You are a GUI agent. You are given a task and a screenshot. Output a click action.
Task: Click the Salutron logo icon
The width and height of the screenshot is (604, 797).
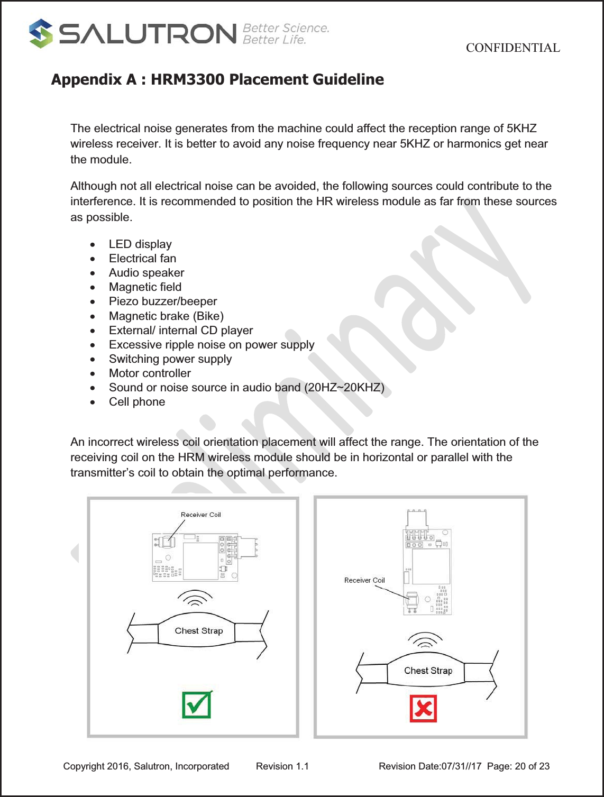(41, 33)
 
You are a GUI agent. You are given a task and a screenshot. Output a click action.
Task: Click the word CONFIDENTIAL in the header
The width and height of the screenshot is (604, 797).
(513, 48)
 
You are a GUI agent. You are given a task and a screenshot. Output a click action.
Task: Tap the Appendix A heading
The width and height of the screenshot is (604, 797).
(217, 79)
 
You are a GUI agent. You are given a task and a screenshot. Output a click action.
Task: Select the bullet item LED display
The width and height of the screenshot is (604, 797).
(140, 244)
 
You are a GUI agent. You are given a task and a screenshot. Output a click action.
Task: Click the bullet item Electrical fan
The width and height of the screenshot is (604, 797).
(142, 259)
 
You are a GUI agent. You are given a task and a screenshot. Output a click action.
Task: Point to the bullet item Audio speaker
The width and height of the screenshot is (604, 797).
(147, 273)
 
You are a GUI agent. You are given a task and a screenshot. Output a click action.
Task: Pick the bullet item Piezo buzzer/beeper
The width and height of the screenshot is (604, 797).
(163, 301)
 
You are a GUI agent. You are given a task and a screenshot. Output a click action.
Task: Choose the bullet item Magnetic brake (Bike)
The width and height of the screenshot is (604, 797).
(166, 316)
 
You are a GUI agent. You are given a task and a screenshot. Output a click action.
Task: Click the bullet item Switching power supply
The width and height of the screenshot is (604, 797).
(170, 359)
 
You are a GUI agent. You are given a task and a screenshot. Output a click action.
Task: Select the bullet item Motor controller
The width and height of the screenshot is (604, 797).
(150, 373)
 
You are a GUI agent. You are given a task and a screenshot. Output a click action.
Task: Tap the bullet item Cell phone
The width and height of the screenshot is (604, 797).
(137, 402)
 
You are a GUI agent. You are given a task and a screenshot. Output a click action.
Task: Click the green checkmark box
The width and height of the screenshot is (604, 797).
(197, 704)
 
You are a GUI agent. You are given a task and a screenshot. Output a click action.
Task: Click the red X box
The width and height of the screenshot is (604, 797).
(423, 709)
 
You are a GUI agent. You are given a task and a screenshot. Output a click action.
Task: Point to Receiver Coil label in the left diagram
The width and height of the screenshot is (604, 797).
(200, 515)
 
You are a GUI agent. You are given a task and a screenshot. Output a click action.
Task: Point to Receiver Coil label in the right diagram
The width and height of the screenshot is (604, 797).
(364, 580)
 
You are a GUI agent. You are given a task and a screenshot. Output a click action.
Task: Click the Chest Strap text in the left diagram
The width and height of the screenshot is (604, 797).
(199, 631)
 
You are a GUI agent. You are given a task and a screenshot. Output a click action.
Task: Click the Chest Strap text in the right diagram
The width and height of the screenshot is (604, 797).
(428, 671)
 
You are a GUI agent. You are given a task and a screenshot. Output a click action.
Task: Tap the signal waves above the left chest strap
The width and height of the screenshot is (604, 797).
(195, 598)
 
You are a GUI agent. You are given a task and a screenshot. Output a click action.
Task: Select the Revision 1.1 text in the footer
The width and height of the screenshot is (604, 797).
(282, 766)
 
